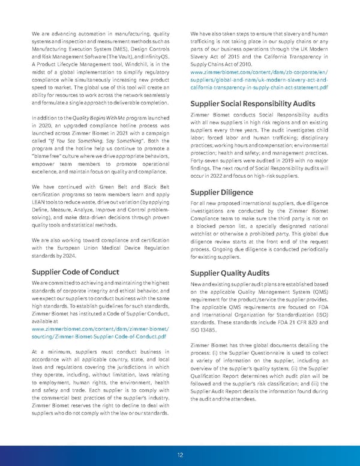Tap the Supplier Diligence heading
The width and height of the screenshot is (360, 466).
click(220, 193)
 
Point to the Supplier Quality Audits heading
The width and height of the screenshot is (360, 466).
click(230, 271)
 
